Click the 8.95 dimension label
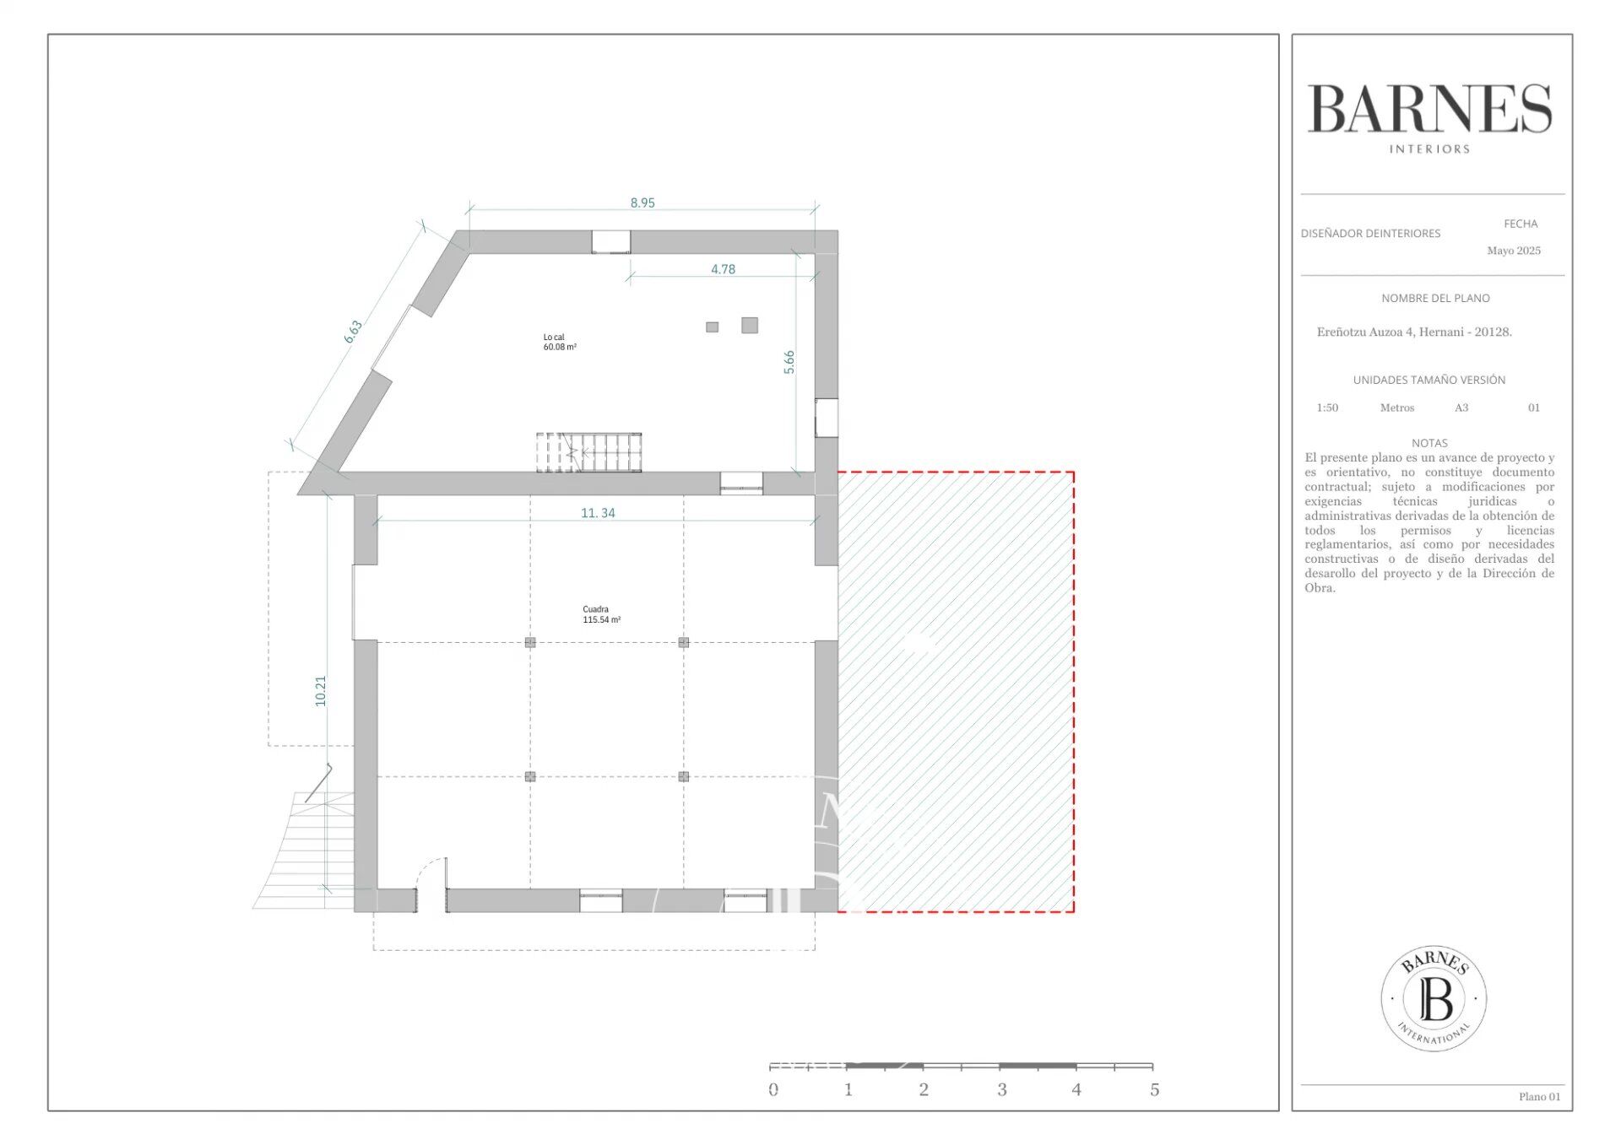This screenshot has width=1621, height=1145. click(x=642, y=203)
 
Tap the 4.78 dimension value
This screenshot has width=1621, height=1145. click(x=723, y=269)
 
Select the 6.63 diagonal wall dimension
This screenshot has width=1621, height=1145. click(x=353, y=331)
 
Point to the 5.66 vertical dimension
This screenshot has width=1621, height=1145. click(x=789, y=362)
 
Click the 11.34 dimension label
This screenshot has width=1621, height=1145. click(x=598, y=512)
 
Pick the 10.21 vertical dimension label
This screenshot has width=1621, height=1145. click(x=320, y=691)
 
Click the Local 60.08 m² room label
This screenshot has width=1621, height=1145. click(x=560, y=342)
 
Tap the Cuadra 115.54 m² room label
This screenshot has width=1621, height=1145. click(x=601, y=614)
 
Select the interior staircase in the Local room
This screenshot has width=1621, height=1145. click(x=588, y=452)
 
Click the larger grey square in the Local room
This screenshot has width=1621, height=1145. click(x=750, y=325)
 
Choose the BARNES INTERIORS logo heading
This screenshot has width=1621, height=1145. click(x=1429, y=118)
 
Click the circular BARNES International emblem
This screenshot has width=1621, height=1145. click(x=1434, y=998)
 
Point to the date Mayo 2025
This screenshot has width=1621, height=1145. click(x=1514, y=251)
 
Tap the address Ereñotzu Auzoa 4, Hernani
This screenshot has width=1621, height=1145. click(x=1414, y=332)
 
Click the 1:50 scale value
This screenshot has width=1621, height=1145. click(x=1327, y=408)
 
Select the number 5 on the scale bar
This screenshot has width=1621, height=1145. click(x=1154, y=1089)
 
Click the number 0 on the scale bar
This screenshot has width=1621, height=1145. click(x=773, y=1089)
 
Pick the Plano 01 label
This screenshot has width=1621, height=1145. click(x=1540, y=1096)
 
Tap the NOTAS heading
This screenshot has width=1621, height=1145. click(x=1429, y=443)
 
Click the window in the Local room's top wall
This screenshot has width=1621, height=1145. click(x=610, y=241)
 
